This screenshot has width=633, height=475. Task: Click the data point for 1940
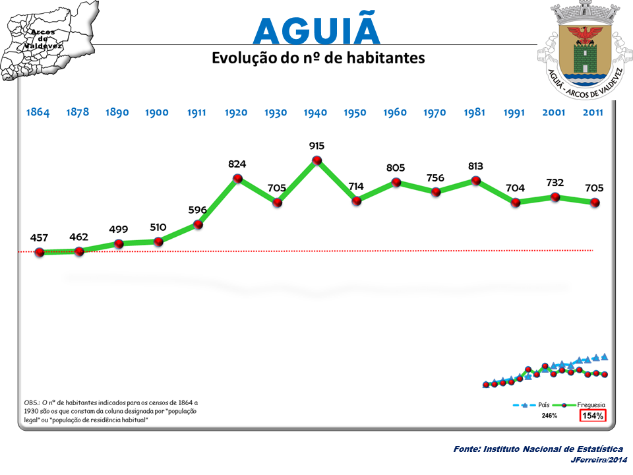(316, 160)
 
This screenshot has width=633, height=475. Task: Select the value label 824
(237, 162)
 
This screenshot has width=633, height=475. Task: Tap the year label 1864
(38, 112)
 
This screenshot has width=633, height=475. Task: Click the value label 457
(40, 237)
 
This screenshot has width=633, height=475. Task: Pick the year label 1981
(475, 112)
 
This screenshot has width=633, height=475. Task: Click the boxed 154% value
(591, 416)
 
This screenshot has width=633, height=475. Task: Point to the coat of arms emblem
(581, 49)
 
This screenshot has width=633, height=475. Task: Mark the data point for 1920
(237, 178)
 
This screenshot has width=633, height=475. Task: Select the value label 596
(198, 210)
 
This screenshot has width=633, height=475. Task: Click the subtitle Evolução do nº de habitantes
(318, 58)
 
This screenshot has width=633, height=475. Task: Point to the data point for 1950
(356, 201)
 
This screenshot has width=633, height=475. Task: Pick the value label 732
(555, 182)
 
